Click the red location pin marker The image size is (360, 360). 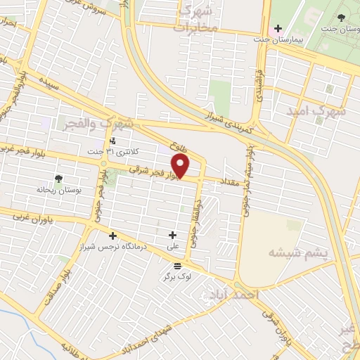tap(181, 167)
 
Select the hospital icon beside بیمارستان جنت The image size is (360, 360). tap(278, 29)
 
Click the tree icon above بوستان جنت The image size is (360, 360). tap(341, 17)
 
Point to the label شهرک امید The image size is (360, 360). tap(318, 110)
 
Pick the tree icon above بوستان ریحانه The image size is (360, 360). tap(59, 179)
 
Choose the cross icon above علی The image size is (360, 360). tap(173, 234)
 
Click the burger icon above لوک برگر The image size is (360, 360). tap(176, 265)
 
